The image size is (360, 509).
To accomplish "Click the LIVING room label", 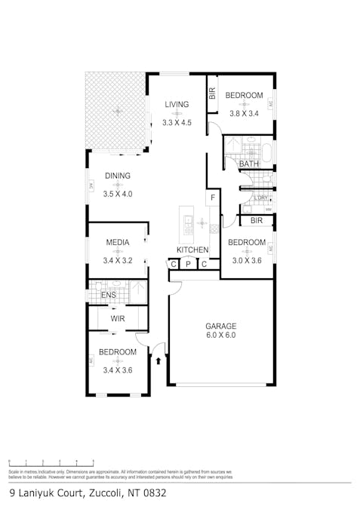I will click(x=177, y=104).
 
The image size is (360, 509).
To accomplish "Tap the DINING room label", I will click(x=118, y=176).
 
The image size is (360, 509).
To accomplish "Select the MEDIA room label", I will click(x=117, y=242).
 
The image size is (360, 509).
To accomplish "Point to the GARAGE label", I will click(x=220, y=327).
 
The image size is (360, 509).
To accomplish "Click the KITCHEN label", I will click(x=192, y=250).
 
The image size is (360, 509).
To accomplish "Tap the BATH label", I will click(x=248, y=164).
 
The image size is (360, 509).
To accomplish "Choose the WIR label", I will click(x=118, y=319).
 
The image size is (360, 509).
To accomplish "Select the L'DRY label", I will click(x=261, y=198).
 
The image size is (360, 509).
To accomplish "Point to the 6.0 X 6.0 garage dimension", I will click(x=220, y=336).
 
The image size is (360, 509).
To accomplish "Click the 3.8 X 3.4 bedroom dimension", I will click(x=245, y=114).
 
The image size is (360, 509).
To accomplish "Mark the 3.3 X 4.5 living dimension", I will click(x=177, y=122).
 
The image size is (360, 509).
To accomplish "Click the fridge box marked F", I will click(x=214, y=198).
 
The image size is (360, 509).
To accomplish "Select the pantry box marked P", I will click(x=188, y=264).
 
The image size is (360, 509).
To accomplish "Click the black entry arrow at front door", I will click(x=158, y=361).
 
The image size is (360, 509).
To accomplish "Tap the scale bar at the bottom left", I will click(x=51, y=463).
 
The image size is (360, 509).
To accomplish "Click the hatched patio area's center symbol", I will click(x=117, y=112).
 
